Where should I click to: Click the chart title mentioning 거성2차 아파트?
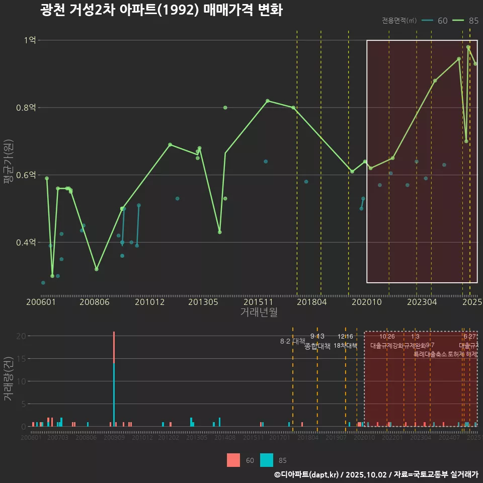coord(161,11)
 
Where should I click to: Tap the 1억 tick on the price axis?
coord(30,40)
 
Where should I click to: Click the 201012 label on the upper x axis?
coord(149,302)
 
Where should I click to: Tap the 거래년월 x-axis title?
coord(259,312)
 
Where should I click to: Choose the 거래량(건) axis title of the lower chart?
coord(8,379)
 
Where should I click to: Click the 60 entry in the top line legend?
coord(436,21)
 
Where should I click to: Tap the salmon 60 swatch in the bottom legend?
coord(233,460)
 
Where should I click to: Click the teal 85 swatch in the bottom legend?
coord(267,460)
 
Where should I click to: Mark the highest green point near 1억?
coord(468,47)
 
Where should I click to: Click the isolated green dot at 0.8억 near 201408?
coord(225,107)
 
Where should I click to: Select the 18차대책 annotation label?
coord(345,346)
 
